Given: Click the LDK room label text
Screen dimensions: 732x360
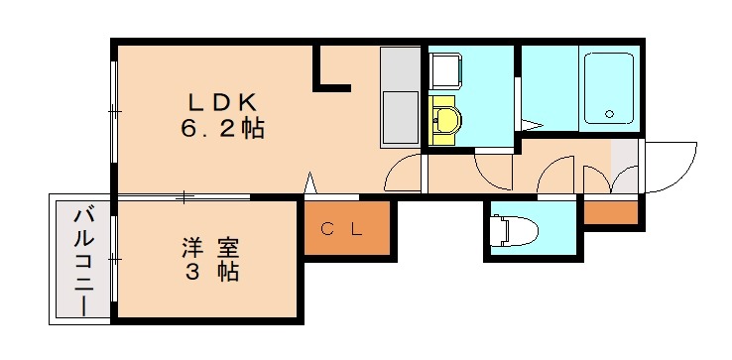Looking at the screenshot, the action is [x=223, y=102].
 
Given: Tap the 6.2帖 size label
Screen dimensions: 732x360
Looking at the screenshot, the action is [x=223, y=129].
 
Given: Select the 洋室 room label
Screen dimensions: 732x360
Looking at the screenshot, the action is [x=210, y=245].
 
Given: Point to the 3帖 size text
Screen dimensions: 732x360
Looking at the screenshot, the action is [x=210, y=270].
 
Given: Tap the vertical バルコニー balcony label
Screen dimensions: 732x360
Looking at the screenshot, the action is [x=83, y=260].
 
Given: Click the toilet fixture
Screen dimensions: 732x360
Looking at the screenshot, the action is [x=516, y=231].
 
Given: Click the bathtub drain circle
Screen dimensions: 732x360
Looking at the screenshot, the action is [x=609, y=113].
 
